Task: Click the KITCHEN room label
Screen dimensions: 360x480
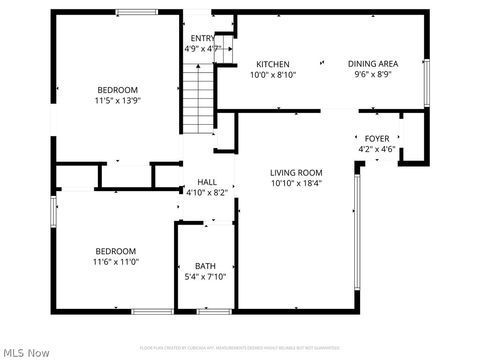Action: tap(272, 64)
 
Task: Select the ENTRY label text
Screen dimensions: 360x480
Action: tap(203, 39)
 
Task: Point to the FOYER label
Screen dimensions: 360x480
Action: tap(376, 139)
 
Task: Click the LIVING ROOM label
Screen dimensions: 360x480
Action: tap(296, 172)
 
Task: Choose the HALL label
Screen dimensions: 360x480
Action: tap(207, 182)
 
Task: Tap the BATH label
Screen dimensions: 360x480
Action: tap(205, 266)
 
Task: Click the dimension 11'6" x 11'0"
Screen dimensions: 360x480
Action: tap(116, 262)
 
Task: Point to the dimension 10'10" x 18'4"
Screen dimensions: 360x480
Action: tap(296, 183)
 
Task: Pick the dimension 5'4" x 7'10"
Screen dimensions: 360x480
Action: tap(205, 277)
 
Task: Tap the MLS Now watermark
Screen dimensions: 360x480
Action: tap(26, 352)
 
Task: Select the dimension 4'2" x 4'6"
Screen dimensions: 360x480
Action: tap(376, 150)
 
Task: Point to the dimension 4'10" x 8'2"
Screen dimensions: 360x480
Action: tap(207, 192)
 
